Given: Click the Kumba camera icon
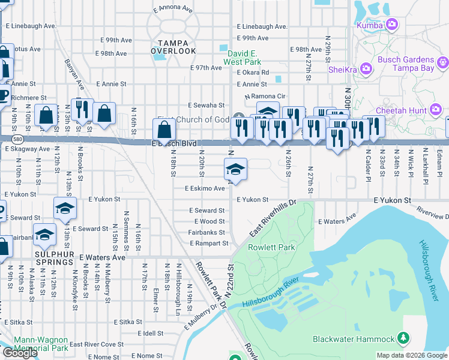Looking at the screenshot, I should tap(393, 24).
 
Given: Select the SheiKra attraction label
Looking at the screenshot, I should tap(344, 70).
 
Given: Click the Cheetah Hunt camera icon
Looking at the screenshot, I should tap(435, 109).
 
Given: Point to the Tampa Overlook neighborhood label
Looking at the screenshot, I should tap(173, 47).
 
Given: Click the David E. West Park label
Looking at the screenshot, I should tap(243, 58).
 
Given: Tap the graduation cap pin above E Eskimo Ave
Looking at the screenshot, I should tap(236, 169).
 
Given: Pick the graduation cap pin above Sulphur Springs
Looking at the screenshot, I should tap(44, 235).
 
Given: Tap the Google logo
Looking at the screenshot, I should tap(19, 353).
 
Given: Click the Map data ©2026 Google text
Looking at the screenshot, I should tap(411, 355).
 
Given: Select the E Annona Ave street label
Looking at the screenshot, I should tap(172, 10).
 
